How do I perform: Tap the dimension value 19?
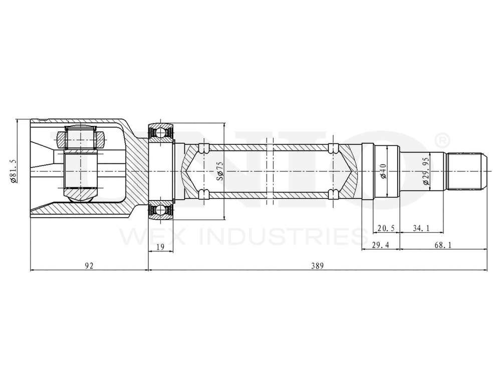[160, 246]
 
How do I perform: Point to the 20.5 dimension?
[386, 228]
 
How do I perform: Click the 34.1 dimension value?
[421, 228]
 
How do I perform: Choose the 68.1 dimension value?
[443, 246]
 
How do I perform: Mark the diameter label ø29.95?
[425, 171]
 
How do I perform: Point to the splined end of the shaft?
[465, 171]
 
